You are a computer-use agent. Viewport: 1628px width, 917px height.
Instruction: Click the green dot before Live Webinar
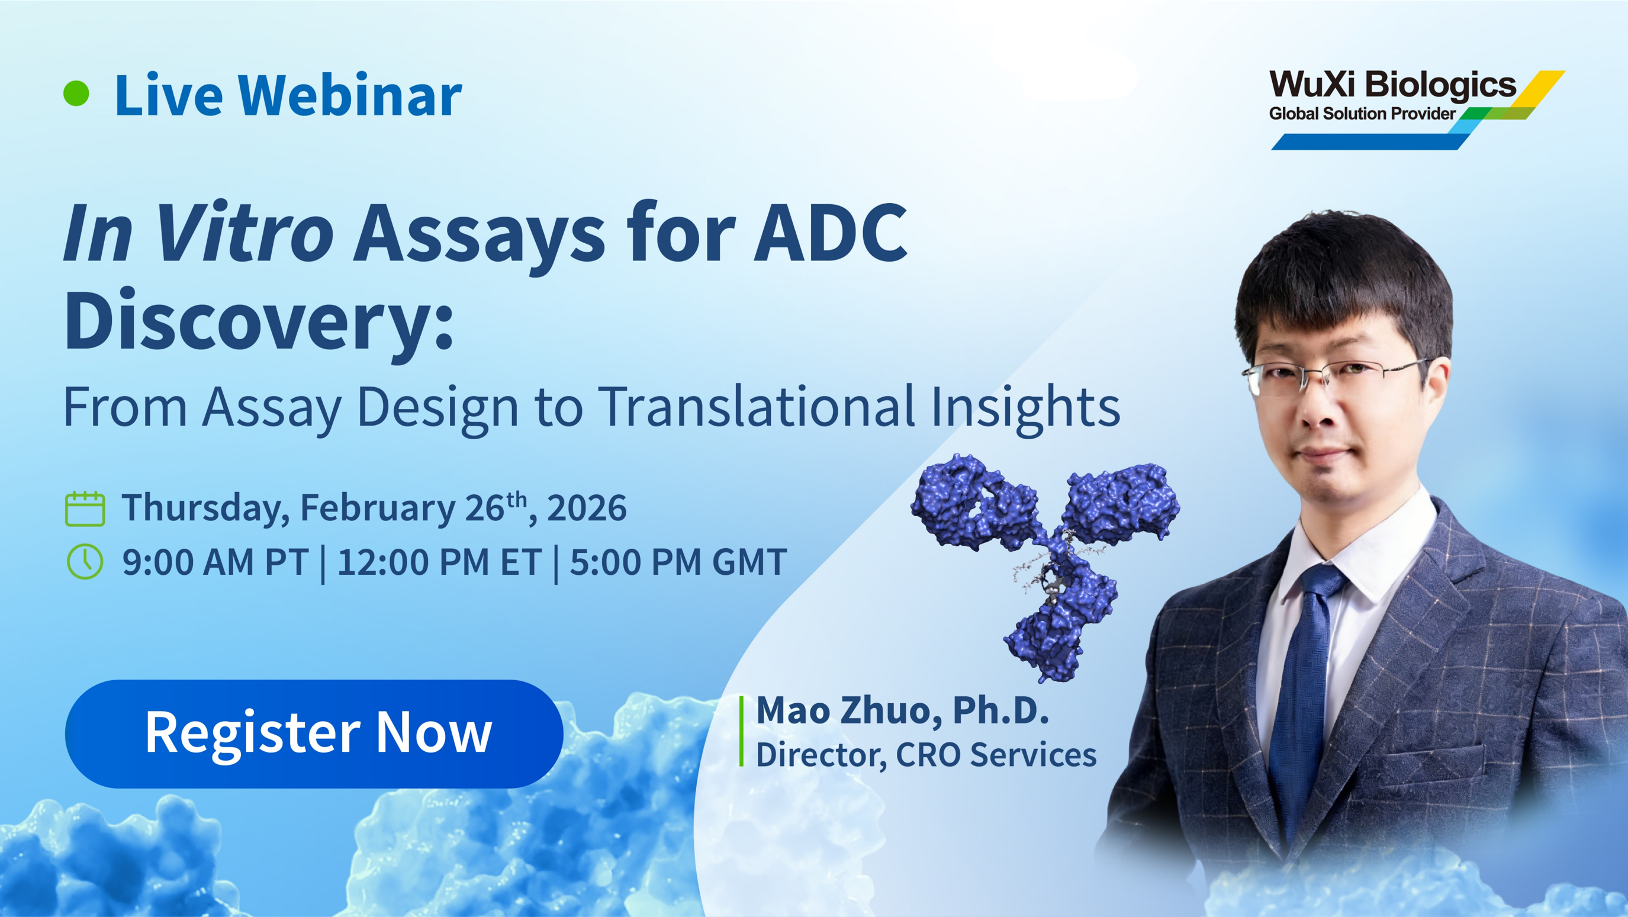point(76,94)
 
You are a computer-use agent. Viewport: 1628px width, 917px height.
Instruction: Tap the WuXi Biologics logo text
point(1392,85)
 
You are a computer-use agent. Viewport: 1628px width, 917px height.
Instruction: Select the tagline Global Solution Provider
point(1362,114)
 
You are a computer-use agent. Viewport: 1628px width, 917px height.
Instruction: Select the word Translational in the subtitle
point(757,406)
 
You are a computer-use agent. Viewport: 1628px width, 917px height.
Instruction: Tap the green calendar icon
point(85,509)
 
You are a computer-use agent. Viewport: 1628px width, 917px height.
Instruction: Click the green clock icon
point(85,561)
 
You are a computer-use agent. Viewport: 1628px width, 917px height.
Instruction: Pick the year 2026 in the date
point(587,508)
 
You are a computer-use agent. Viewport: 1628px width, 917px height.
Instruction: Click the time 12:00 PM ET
point(439,562)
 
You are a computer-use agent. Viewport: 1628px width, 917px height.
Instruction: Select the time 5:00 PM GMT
point(678,562)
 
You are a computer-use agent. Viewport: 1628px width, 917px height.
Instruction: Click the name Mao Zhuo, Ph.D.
point(902,710)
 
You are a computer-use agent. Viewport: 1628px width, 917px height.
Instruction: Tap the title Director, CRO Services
point(926,755)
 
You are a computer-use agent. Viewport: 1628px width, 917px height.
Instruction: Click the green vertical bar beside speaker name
point(741,731)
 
